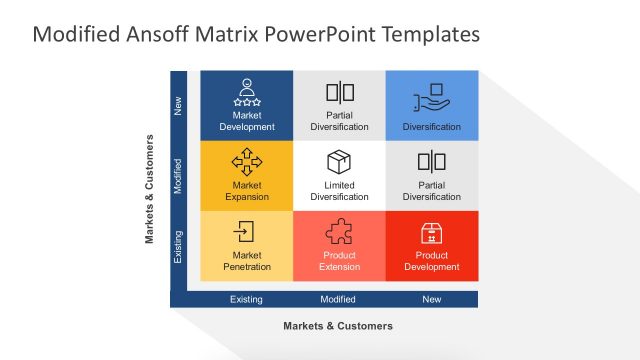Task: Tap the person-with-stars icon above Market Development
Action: (x=246, y=92)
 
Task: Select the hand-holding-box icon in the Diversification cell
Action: (x=431, y=95)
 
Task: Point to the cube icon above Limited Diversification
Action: (x=339, y=162)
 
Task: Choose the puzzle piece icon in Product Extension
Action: (x=339, y=232)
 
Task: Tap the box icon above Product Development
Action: (x=431, y=232)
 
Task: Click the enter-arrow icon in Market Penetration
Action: (x=246, y=232)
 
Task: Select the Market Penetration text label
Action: (x=246, y=261)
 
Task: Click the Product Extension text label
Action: (x=339, y=261)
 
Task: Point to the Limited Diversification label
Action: (x=339, y=191)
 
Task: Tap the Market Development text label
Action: (x=246, y=121)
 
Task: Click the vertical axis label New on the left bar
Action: (x=179, y=104)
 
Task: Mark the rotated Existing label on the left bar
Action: (x=179, y=245)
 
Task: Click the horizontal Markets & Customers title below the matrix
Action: (x=338, y=326)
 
